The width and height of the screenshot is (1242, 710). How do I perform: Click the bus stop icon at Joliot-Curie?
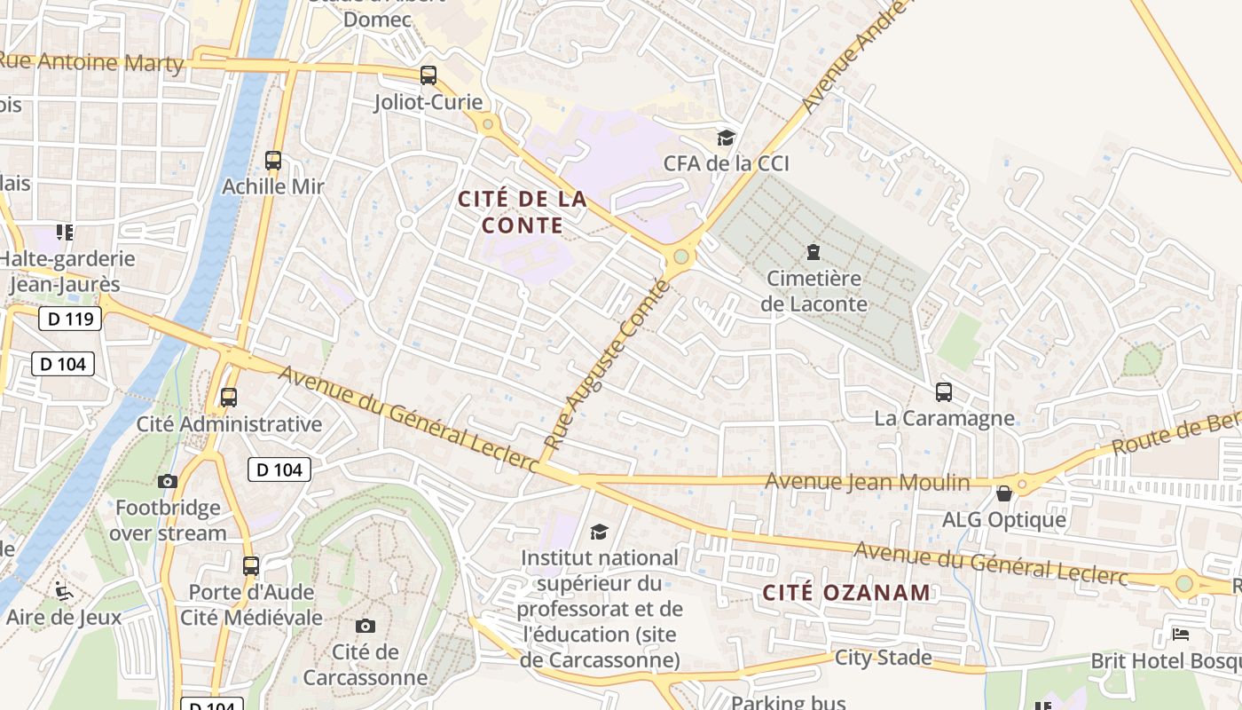(428, 75)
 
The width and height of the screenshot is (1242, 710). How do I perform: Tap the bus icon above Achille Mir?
(273, 161)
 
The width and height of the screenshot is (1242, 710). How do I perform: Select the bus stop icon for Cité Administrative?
(229, 397)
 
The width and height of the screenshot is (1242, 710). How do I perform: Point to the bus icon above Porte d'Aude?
(251, 565)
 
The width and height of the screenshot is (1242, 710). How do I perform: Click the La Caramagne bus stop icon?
(944, 391)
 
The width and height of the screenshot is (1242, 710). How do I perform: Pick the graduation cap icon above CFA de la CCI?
(727, 138)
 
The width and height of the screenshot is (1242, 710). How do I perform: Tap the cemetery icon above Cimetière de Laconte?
(813, 253)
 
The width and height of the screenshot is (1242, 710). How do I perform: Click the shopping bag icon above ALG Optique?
(1004, 493)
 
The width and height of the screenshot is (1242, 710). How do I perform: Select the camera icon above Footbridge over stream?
(168, 482)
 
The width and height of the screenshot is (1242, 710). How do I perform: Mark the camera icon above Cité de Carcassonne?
(365, 626)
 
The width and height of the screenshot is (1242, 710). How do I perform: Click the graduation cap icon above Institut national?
(600, 532)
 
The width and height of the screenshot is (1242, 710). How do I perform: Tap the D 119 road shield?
(71, 319)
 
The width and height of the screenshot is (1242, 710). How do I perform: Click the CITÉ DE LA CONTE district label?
(523, 212)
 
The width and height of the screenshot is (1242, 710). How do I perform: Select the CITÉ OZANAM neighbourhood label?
(847, 592)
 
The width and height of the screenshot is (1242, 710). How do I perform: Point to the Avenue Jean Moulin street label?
(867, 482)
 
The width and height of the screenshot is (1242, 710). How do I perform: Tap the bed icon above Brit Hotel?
(1181, 634)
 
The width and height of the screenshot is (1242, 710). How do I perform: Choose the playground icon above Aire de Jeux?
(62, 590)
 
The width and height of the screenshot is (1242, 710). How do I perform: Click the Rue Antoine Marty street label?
(91, 63)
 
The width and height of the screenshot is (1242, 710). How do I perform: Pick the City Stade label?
(883, 658)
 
